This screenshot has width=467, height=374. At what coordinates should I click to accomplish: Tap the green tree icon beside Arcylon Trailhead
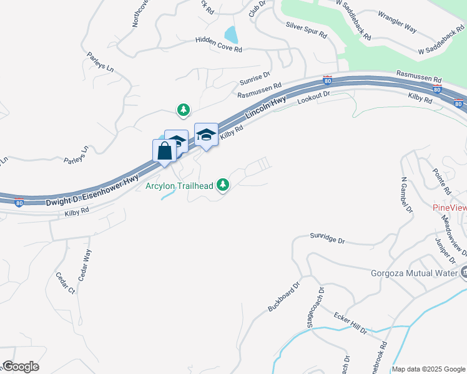pos(223,185)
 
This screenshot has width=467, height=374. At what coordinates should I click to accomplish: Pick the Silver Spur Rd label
pos(306,30)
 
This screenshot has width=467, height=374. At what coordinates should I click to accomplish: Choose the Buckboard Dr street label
pos(284,296)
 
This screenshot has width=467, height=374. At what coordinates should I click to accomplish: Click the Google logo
pos(21,367)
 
